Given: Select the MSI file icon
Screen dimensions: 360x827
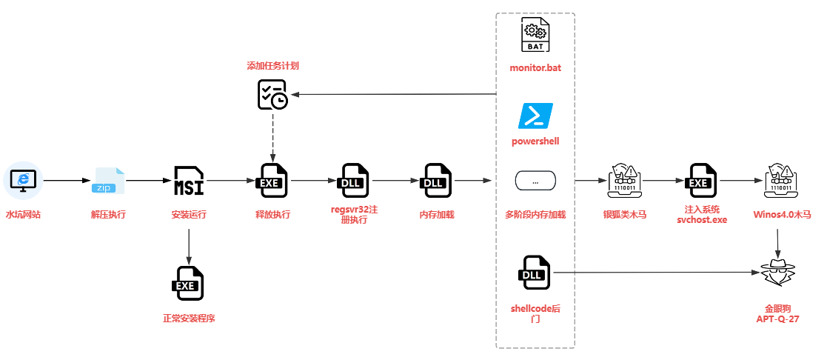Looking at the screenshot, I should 190,181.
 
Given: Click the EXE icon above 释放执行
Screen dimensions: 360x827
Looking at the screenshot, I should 272,181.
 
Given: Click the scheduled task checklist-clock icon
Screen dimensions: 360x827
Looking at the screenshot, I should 272,95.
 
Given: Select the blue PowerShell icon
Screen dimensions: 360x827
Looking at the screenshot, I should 535,117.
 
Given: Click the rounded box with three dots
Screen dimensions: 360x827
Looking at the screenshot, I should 535,181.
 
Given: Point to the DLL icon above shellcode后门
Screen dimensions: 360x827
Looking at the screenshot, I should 535,274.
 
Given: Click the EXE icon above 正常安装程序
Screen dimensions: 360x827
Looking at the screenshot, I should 190,284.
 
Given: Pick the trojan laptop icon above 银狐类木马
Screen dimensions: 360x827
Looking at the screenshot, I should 624,181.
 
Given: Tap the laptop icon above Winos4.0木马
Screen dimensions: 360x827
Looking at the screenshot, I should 782,181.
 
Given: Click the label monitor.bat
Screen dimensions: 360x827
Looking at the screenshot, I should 535,68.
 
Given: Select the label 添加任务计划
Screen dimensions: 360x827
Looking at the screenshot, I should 272,65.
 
